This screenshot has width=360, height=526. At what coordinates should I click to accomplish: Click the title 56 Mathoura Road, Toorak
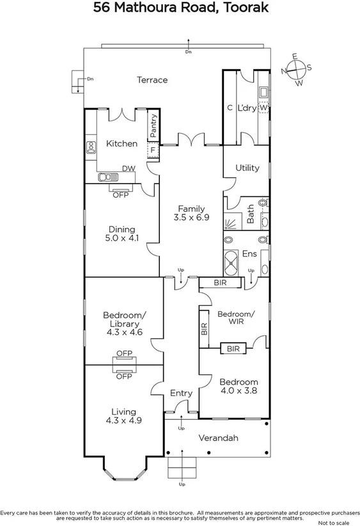coord(180,8)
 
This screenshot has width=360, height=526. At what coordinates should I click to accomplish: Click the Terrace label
coord(152,80)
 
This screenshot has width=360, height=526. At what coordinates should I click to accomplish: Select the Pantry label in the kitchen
coord(153,125)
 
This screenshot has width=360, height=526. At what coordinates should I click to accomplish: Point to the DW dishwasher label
coord(129,168)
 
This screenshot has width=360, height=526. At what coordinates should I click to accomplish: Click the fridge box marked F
coord(153,150)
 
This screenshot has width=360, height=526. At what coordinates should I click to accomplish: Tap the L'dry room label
coord(246,108)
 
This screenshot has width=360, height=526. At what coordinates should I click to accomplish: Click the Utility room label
coord(247,168)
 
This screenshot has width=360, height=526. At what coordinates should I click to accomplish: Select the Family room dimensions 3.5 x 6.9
coord(191,218)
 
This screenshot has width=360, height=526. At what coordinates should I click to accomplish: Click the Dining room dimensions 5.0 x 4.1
coord(121,239)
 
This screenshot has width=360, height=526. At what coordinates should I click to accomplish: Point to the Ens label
coord(249,254)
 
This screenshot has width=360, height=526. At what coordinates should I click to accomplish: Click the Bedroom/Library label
coord(122,323)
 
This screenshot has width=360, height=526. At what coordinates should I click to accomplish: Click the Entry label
coord(181,394)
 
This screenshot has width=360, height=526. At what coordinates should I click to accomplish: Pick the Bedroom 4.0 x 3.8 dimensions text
coord(239,391)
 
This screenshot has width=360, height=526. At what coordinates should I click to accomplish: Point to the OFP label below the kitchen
coord(121,195)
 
